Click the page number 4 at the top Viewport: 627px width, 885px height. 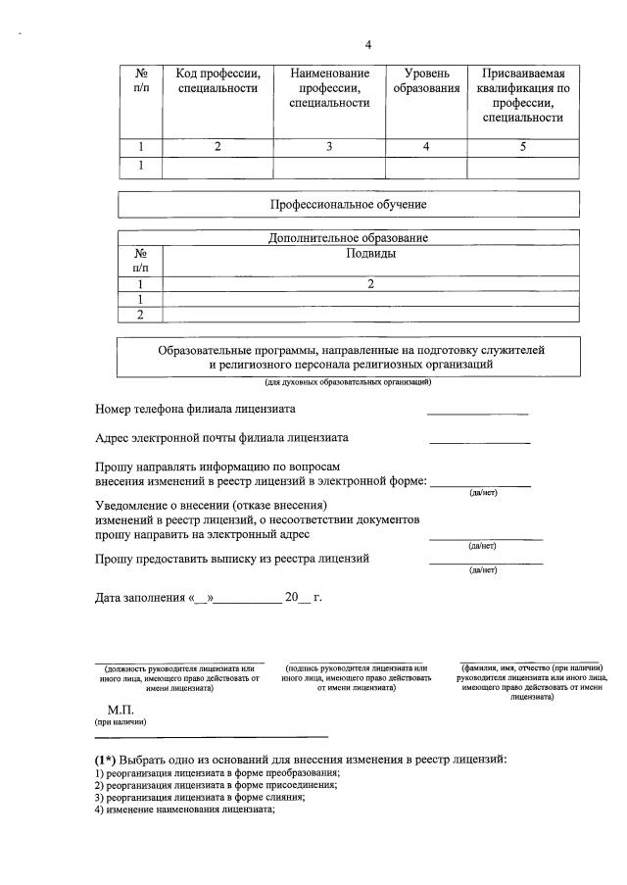point(368,44)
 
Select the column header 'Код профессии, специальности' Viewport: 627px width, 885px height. point(217,81)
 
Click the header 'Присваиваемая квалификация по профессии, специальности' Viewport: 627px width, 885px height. point(522,95)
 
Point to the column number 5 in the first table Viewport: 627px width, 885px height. point(522,147)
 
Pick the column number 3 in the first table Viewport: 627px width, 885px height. point(329,147)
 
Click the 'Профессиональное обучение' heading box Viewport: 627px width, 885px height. point(348,205)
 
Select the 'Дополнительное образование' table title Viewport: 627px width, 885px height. point(348,238)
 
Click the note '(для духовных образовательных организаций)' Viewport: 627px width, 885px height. point(348,381)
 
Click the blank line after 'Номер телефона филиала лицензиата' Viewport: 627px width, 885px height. point(477,412)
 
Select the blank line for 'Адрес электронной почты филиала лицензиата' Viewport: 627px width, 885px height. point(479,441)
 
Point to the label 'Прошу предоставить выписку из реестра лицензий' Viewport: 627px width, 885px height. point(232,559)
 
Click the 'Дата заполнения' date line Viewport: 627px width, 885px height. point(208,597)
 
